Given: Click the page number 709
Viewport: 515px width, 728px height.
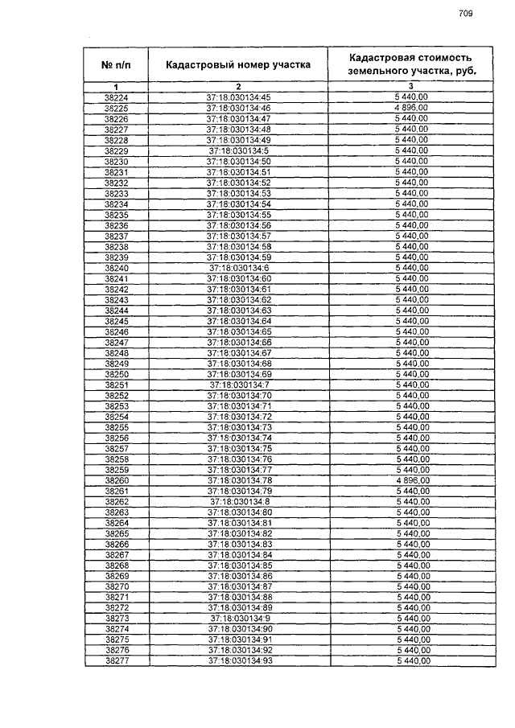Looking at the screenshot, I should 465,13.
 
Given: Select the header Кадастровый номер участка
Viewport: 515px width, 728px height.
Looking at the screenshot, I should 238,65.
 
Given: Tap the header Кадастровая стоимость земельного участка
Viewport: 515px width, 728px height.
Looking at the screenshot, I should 410,64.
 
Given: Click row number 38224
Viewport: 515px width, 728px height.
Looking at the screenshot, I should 117,97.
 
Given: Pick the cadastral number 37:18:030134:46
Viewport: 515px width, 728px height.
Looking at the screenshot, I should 238,108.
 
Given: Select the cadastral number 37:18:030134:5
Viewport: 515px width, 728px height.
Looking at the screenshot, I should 238,150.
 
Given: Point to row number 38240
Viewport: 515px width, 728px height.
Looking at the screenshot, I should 117,267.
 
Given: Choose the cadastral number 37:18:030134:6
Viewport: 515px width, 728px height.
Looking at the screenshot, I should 238,267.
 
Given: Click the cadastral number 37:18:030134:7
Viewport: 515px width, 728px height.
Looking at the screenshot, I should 238,385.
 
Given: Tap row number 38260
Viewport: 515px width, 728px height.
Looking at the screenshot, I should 117,480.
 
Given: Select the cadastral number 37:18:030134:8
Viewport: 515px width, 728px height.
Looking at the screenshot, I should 238,501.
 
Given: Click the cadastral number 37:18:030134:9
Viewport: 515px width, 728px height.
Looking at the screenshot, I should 238,618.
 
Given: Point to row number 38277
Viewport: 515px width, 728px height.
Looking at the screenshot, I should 117,660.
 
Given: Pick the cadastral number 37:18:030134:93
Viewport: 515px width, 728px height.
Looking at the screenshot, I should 238,660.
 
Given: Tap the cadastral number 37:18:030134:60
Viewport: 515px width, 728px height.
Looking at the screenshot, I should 238,278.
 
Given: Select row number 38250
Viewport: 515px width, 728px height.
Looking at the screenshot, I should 117,374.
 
